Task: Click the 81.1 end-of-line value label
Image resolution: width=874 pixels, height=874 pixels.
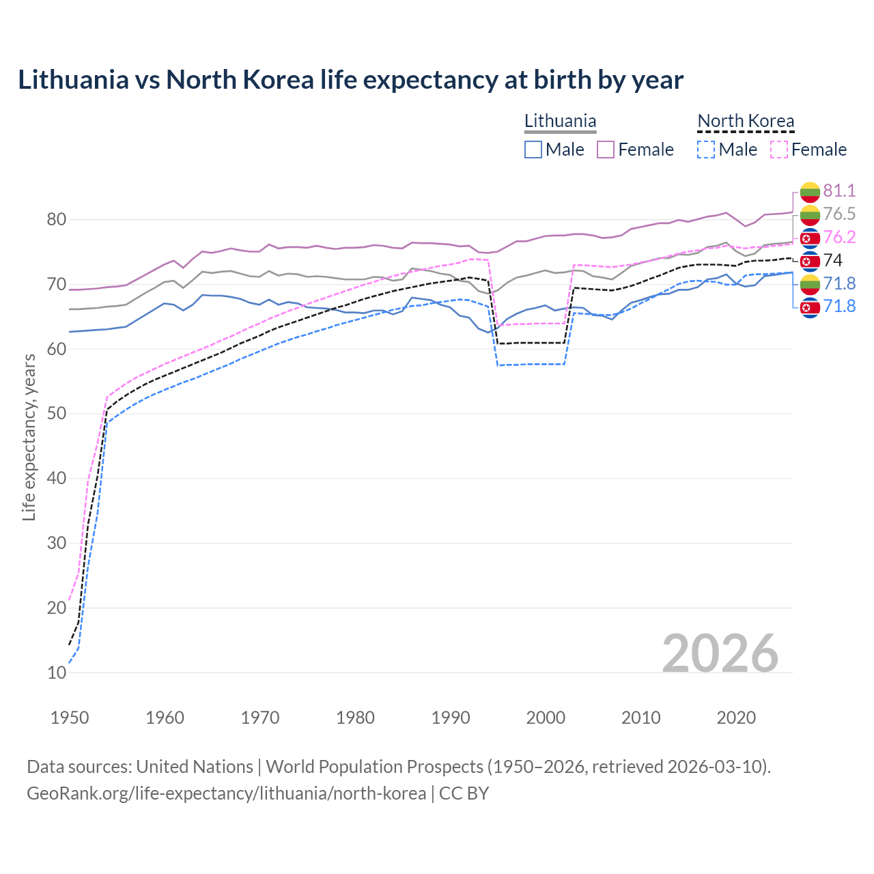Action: pos(839,191)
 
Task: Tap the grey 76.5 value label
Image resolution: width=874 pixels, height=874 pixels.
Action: pos(839,214)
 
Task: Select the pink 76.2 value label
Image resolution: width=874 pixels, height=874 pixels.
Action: pos(839,237)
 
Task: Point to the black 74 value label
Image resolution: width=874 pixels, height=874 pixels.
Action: pos(833,260)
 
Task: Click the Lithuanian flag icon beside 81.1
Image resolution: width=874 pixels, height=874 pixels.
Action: pos(810,191)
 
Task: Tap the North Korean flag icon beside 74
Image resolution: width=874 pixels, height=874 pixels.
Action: pos(810,261)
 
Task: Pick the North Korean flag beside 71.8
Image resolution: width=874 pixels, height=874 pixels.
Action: pos(810,307)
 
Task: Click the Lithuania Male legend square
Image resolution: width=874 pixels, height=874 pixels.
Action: pos(533,150)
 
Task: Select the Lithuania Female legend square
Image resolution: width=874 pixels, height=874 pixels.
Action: pos(606,150)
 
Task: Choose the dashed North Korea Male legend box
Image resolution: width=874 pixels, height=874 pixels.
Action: pos(706,150)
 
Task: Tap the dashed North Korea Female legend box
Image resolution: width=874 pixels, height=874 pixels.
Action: pos(779,150)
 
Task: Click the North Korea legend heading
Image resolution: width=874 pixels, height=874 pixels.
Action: pos(746,121)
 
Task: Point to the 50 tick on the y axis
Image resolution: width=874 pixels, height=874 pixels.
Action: pos(57,414)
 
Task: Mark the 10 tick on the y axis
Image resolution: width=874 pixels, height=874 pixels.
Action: pos(57,673)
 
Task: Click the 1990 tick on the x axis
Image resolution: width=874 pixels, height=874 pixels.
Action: pos(451,718)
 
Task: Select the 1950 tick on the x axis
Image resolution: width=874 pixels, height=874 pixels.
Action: pos(70,718)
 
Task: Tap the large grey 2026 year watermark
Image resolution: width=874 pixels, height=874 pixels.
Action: pos(720,653)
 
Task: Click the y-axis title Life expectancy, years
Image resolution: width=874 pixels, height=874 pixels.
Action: pos(29,437)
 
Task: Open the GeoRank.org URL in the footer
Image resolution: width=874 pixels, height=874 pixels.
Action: pos(226,793)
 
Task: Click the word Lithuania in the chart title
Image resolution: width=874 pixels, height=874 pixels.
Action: pos(73,80)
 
